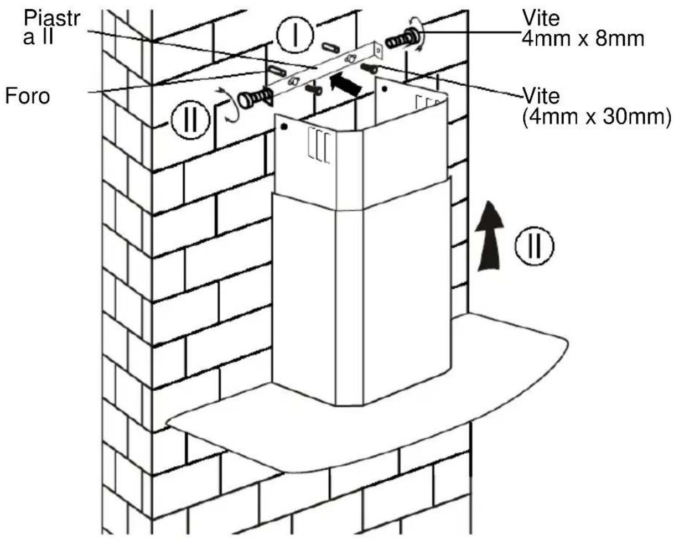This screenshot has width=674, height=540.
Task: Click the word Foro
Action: (x=28, y=96)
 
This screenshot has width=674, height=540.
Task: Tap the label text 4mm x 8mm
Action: (x=583, y=39)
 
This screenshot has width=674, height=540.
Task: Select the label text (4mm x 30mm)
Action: (x=597, y=117)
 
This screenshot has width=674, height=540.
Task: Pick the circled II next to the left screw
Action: (x=190, y=120)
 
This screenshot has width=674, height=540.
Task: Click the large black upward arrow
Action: (x=489, y=236)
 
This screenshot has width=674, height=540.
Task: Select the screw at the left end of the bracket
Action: (x=255, y=97)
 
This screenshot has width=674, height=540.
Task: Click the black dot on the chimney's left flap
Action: (x=284, y=127)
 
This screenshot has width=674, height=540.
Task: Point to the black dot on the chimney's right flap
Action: (x=385, y=90)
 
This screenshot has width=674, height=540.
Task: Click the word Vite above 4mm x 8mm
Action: (x=541, y=18)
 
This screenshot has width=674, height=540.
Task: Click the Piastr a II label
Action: (x=51, y=28)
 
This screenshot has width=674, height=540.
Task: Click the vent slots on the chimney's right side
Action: (x=427, y=102)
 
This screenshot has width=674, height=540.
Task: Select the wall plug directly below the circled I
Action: (x=331, y=49)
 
